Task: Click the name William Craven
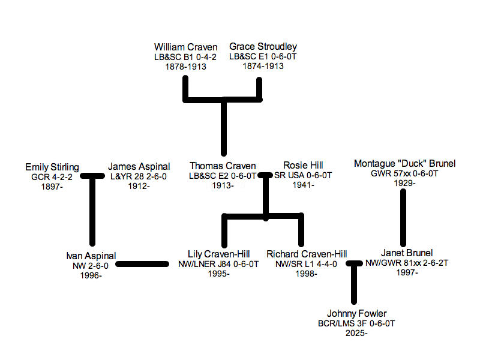(185, 47)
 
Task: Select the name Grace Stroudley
(263, 47)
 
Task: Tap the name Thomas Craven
(223, 166)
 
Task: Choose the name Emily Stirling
(52, 167)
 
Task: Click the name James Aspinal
(139, 167)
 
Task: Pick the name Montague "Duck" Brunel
(405, 164)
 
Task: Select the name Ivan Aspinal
(91, 256)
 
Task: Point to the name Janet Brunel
(407, 253)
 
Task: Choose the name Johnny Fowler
(356, 314)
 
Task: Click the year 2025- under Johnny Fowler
(356, 333)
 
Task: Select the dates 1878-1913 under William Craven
(185, 67)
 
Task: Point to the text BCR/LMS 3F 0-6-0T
(356, 324)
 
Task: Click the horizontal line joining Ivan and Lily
(142, 264)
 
